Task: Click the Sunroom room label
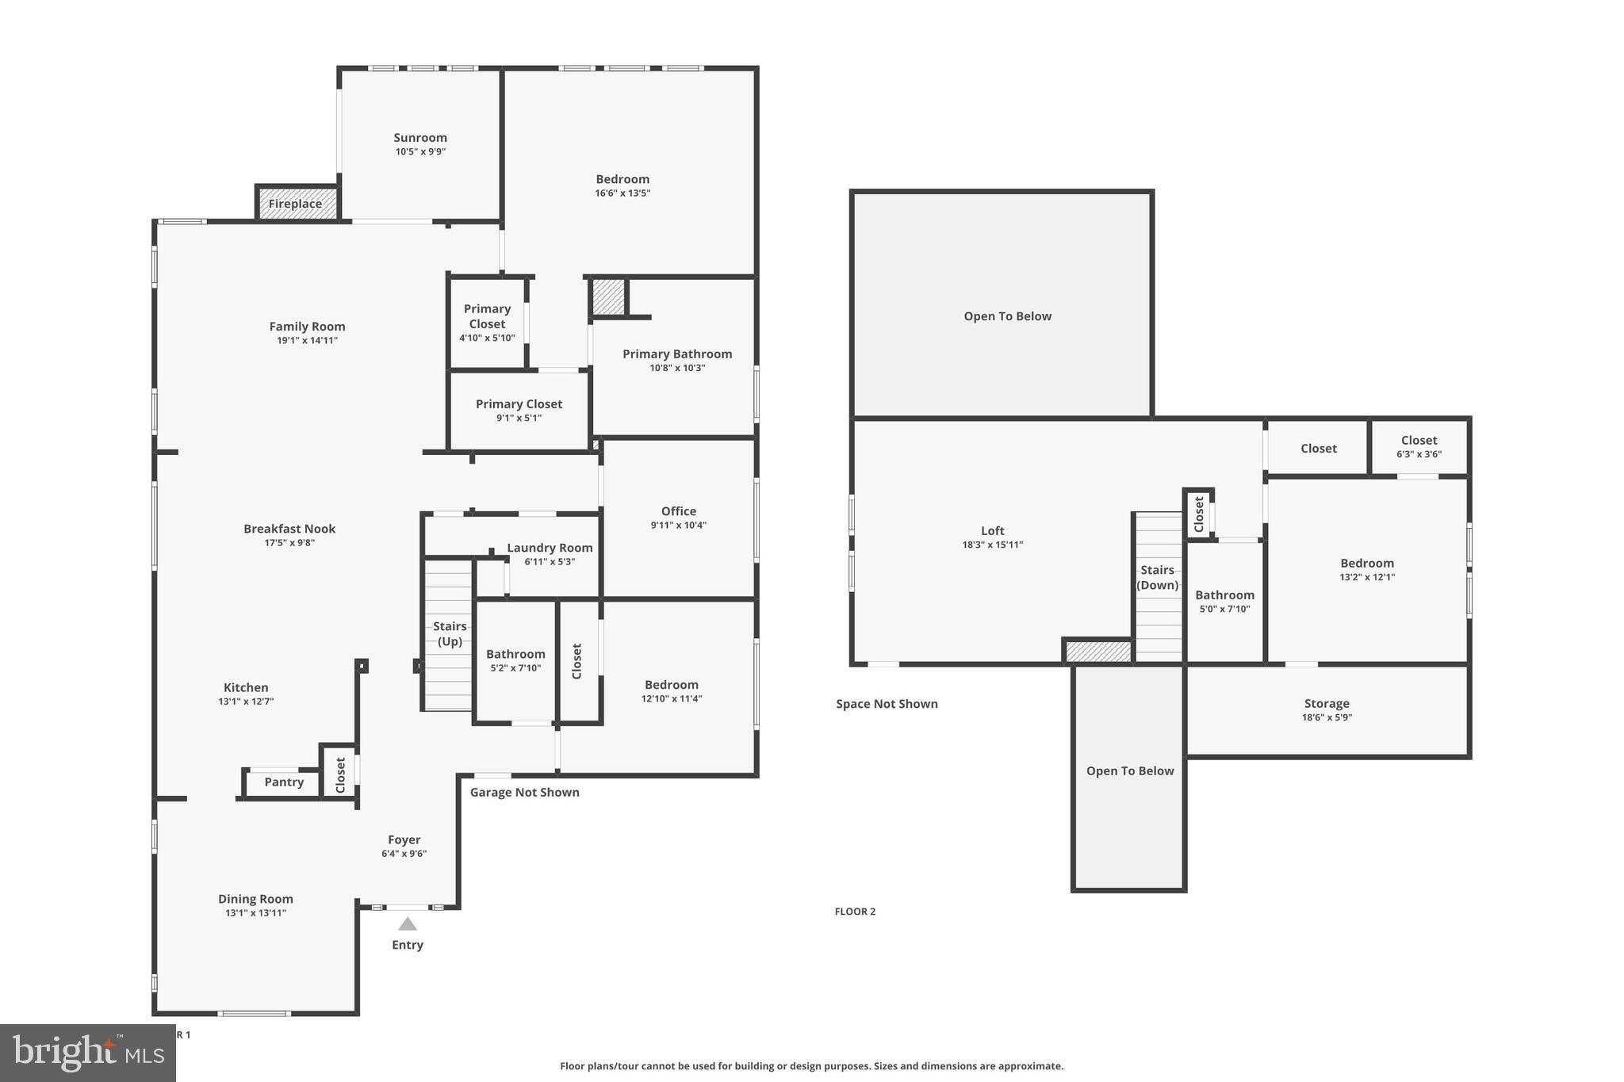coord(420,138)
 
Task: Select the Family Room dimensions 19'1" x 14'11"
coord(307,341)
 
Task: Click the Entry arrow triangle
coord(408,923)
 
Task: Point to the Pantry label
coord(284,782)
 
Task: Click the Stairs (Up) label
coord(450,634)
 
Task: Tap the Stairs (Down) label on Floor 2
coord(1158,578)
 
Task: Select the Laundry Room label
coord(550,548)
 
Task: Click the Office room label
coord(679,511)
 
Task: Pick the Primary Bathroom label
coord(677,354)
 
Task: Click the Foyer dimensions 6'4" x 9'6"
coord(404,854)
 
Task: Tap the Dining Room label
coord(255,899)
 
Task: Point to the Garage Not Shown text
coord(525,793)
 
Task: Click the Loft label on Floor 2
coord(993,531)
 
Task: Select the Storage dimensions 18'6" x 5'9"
coord(1327,717)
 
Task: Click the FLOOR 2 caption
coord(855,912)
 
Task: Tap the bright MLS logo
coord(88,1053)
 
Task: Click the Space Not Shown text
coord(887,704)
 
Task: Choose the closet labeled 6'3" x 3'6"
coord(1419,447)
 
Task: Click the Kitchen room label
coord(246,688)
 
